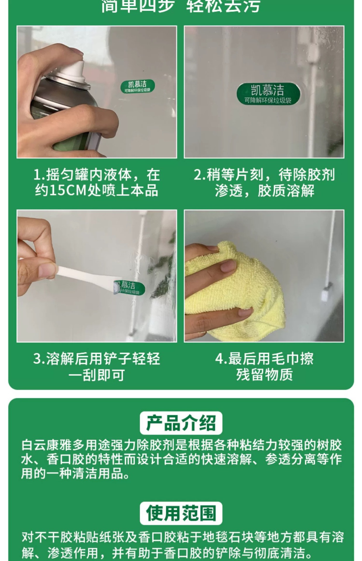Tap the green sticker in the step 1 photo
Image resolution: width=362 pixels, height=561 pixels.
point(138,86)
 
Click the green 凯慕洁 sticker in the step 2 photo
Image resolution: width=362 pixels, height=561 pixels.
point(268,93)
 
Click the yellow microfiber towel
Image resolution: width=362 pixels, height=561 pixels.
point(234,289)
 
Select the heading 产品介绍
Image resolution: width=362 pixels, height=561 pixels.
point(181,423)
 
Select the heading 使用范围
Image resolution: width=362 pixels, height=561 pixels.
point(181,513)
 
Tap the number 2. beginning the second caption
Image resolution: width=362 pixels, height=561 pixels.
point(200,175)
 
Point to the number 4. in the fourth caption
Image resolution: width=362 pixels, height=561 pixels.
point(221,359)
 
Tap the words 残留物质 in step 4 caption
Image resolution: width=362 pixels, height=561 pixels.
point(264,375)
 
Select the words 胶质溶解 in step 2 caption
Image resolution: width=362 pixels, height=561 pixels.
point(286,191)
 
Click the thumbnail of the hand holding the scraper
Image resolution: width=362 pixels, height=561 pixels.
point(97,276)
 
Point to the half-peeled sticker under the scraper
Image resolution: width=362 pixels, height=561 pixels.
point(129,288)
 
